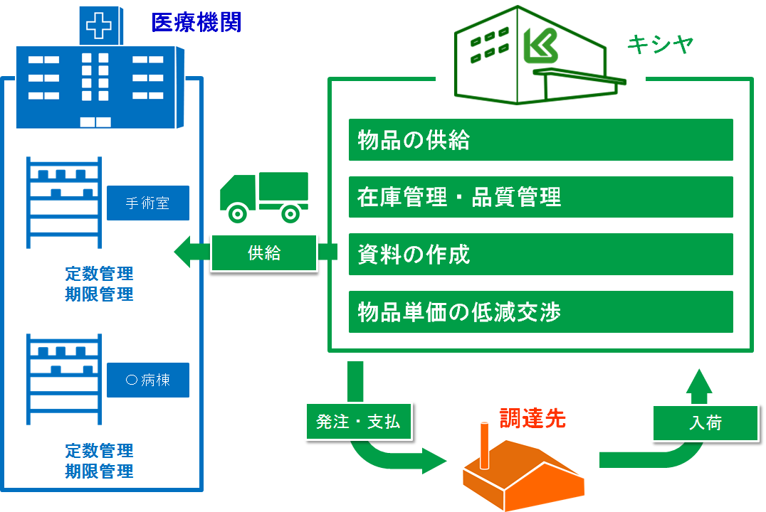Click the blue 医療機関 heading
click(x=196, y=22)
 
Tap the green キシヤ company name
click(x=660, y=45)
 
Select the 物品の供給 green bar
click(x=540, y=140)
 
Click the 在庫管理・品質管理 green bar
click(x=540, y=197)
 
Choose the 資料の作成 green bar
click(x=540, y=254)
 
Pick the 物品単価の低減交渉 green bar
click(x=540, y=311)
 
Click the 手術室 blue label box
click(x=148, y=203)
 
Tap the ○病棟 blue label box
click(x=148, y=380)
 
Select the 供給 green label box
click(x=264, y=252)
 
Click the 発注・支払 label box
click(x=358, y=422)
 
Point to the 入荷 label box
click(x=705, y=423)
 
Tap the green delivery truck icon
click(x=263, y=196)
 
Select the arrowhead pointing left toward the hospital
click(x=183, y=252)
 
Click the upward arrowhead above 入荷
click(x=699, y=381)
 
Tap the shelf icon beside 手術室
click(x=63, y=202)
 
